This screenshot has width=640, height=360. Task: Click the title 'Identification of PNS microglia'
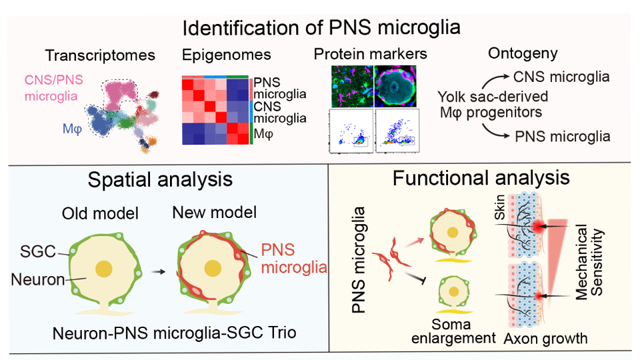(x=321, y=28)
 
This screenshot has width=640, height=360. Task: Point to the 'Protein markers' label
(x=370, y=53)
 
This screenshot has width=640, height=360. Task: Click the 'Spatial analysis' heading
(x=161, y=179)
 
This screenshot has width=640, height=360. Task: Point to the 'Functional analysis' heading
(x=481, y=178)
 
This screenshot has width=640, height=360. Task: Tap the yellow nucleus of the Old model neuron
(x=103, y=268)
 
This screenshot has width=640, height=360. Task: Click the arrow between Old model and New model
(x=157, y=271)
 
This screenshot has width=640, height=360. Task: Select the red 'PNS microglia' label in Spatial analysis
(x=285, y=259)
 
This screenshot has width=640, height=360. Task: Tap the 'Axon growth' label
(x=546, y=338)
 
